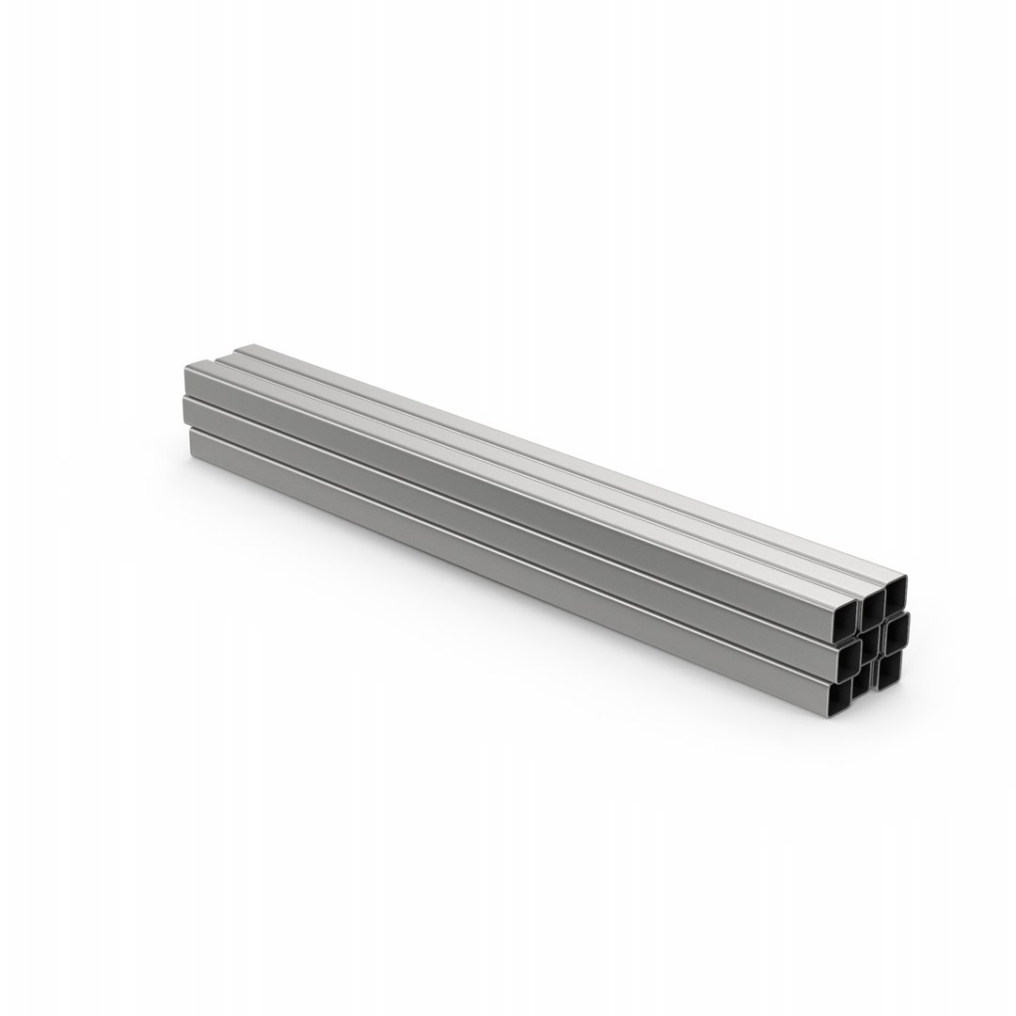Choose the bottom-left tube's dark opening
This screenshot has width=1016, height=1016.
coord(840,696)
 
